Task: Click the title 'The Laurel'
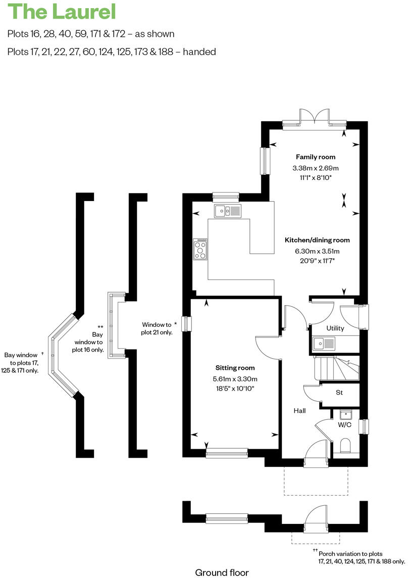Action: point(62,12)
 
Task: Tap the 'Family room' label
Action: point(316,157)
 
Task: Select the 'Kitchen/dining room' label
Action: point(317,240)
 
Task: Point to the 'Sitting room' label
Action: point(235,368)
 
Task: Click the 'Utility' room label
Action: point(335,328)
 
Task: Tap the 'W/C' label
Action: point(344,425)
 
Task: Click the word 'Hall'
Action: point(300,411)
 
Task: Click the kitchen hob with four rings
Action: point(200,249)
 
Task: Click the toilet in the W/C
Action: point(346,446)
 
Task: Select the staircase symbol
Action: point(336,368)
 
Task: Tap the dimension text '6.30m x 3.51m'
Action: point(317,251)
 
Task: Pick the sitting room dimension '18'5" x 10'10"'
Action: point(235,389)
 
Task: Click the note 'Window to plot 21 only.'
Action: point(157,328)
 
